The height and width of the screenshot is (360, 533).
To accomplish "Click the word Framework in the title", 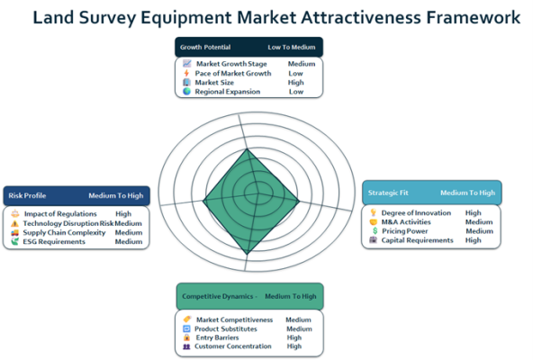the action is pos(474,17).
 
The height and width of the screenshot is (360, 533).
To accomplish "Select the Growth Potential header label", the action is pos(205,48).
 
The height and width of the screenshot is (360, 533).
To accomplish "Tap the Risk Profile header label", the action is pos(27,195).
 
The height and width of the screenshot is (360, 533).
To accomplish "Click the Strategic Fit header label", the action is pos(388,193).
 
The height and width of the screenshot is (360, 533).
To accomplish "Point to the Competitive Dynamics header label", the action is pos(218,296).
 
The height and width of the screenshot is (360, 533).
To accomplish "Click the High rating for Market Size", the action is pos(295,83).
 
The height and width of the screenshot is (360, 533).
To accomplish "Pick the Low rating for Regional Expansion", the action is pos(296,92).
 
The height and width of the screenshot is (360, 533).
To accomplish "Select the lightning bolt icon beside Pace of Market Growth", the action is pos(186,73).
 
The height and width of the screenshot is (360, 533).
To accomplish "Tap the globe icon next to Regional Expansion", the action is pos(186,92).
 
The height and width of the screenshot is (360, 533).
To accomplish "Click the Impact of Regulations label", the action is pos(60,214).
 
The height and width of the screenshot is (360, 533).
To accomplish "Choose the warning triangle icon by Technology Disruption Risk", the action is pos(14,223).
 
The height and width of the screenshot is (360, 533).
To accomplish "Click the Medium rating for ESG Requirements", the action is pos(129,242).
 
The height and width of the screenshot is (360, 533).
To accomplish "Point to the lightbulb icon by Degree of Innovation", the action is pos(374,212).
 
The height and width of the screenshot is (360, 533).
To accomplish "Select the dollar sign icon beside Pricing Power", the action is pos(375,230).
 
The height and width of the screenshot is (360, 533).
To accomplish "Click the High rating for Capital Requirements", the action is pos(474,240).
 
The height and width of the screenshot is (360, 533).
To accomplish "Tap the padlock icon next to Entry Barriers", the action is pos(186,337).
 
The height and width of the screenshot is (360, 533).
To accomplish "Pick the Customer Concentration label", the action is pos(233,346).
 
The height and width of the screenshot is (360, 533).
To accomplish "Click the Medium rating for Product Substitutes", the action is pos(299,329).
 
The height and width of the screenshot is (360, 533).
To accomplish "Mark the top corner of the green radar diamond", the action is pos(247,148).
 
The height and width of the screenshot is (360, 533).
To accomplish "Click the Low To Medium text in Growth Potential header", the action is pos(292,48).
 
